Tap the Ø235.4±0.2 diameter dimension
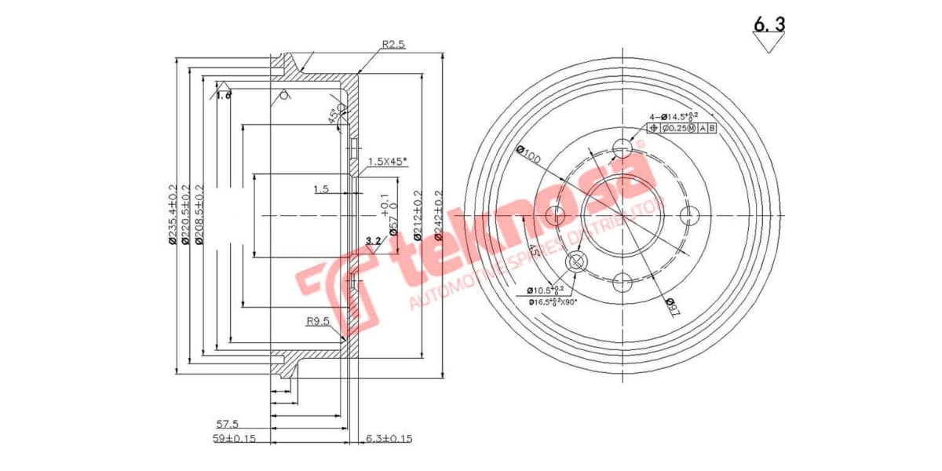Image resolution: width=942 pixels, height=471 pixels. point(173,215)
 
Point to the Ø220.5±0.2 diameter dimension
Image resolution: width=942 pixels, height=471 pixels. point(186,215)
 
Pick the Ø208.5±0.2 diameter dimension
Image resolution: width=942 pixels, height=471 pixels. point(199,215)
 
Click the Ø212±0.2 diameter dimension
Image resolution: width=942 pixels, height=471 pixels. point(417,215)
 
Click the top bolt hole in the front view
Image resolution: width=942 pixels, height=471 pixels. point(623,148)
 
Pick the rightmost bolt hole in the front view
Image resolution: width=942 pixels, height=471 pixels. point(689,215)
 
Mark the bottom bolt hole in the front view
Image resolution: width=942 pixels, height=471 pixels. point(623,282)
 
